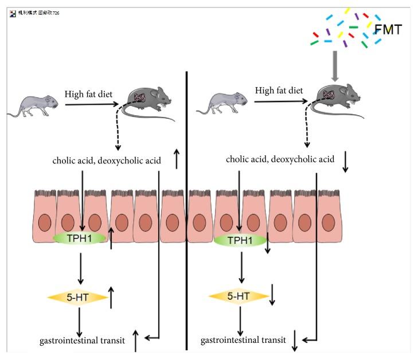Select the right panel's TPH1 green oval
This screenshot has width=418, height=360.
[240, 240]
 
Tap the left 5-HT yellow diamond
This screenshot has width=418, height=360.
[78, 297]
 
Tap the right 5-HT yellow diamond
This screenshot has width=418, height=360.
[239, 296]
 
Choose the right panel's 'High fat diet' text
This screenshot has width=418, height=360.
[279, 91]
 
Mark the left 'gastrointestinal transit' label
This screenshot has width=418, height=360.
[83, 341]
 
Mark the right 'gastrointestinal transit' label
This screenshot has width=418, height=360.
[243, 341]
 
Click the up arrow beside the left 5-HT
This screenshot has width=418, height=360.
[111, 298]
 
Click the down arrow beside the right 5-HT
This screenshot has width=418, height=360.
[272, 296]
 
